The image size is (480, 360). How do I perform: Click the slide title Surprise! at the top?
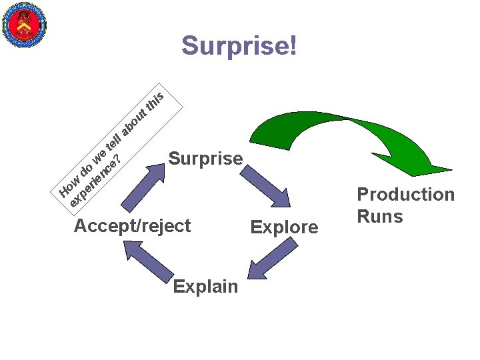click(239, 46)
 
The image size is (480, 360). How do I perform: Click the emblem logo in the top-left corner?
click(25, 25)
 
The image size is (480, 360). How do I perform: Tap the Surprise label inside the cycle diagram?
click(205, 159)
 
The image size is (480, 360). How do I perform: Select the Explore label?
click(284, 227)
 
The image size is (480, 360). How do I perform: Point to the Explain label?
click(205, 287)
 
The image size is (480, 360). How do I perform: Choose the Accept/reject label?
click(132, 225)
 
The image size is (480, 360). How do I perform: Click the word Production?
click(405, 195)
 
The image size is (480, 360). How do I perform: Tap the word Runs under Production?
click(380, 217)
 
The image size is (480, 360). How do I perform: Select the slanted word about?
click(135, 119)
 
